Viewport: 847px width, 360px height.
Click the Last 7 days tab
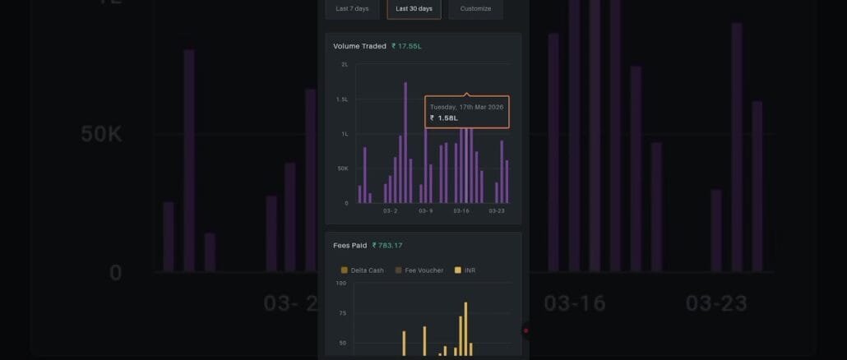click(352, 9)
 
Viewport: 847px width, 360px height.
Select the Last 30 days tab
click(414, 9)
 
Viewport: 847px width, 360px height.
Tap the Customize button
click(475, 9)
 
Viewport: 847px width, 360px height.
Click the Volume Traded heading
click(359, 46)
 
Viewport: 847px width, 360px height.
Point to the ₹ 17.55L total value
click(406, 46)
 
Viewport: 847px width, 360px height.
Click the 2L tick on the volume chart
click(345, 64)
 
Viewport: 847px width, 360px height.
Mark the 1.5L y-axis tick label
click(342, 99)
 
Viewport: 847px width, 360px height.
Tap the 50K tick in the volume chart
click(342, 168)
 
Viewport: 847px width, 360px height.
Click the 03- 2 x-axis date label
click(390, 211)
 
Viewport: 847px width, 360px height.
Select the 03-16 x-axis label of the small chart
click(461, 211)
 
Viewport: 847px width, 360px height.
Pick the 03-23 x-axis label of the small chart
click(497, 211)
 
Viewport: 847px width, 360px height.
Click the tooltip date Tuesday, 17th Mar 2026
click(466, 107)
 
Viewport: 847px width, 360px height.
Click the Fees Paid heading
click(349, 245)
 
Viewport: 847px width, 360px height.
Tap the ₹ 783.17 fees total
click(387, 245)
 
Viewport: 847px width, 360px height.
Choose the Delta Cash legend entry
click(362, 270)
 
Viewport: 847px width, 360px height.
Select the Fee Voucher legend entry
click(419, 270)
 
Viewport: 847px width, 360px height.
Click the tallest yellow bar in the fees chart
click(465, 329)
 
